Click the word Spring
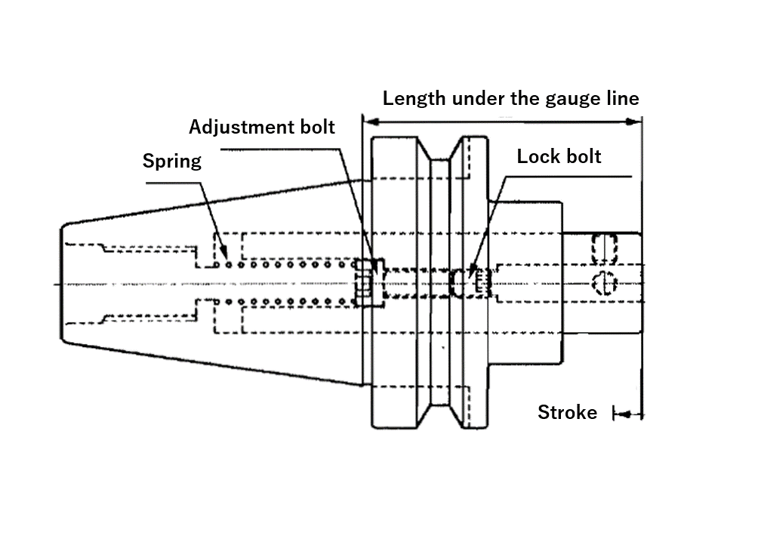point(171,162)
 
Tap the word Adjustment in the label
point(239,128)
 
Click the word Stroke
point(567,412)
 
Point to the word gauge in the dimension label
point(573,99)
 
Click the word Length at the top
point(414,98)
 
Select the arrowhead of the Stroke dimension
point(624,414)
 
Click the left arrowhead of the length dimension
point(371,122)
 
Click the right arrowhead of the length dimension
point(633,122)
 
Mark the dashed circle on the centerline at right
point(604,283)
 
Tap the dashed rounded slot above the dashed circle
point(604,249)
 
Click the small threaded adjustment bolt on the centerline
point(363,283)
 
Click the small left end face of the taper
point(61,283)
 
